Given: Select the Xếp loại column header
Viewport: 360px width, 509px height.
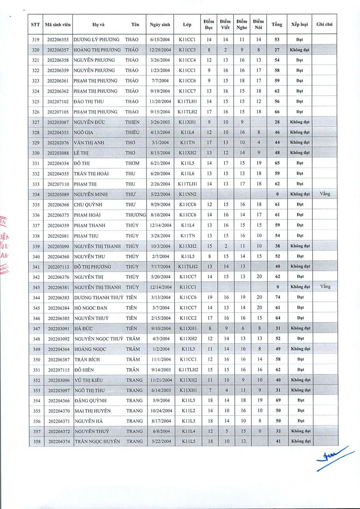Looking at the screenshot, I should click(x=300, y=25).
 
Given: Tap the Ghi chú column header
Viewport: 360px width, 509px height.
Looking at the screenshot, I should click(x=324, y=25).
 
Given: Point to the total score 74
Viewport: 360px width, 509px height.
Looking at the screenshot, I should click(x=277, y=298).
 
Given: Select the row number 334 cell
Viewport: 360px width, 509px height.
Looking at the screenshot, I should click(x=36, y=194).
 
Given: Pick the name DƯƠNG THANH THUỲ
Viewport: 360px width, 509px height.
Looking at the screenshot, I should click(x=98, y=298).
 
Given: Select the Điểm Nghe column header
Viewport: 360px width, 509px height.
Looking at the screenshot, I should click(x=242, y=25).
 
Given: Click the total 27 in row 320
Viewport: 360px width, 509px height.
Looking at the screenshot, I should click(x=277, y=50).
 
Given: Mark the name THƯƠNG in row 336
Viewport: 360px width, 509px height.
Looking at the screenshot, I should click(x=135, y=215).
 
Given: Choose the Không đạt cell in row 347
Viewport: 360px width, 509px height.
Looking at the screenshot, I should click(x=300, y=328).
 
